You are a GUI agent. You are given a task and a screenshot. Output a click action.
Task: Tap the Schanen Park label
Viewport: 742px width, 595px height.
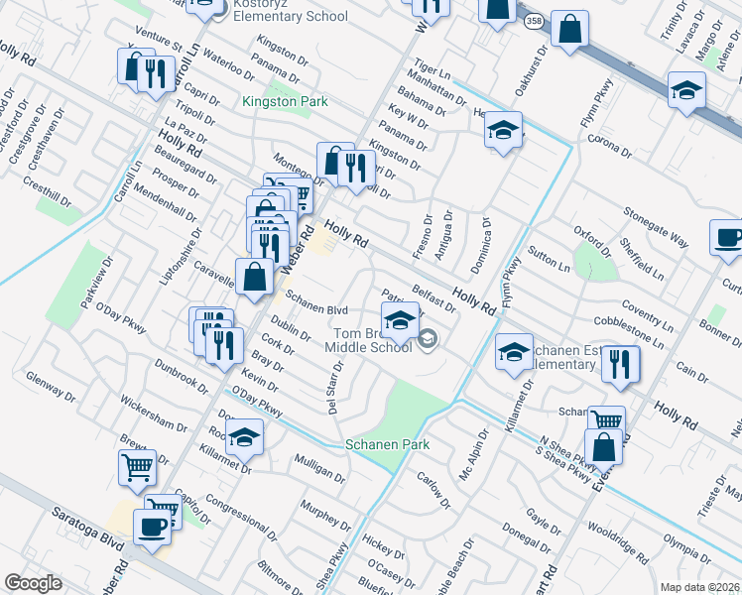(x=387, y=444)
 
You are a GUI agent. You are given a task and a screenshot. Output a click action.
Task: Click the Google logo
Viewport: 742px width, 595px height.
(x=33, y=583)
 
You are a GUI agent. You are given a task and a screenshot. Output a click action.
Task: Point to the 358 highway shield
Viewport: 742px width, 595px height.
(x=535, y=20)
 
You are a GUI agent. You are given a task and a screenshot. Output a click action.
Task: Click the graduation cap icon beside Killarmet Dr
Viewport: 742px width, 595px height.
(x=243, y=436)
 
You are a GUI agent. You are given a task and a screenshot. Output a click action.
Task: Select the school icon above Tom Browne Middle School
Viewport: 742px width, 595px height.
(x=400, y=320)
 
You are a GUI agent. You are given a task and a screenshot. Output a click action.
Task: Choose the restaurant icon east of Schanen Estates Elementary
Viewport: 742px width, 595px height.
(x=620, y=363)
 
